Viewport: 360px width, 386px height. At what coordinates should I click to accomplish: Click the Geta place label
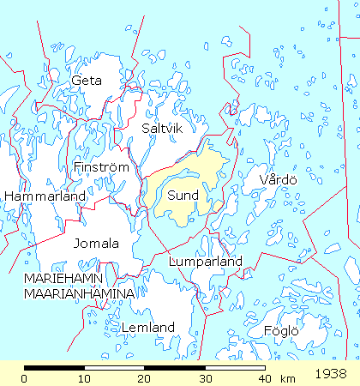pyautogui.click(x=87, y=81)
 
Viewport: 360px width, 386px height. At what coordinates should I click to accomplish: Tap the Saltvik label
pyautogui.click(x=160, y=128)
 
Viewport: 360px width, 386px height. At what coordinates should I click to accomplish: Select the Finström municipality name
pyautogui.click(x=101, y=166)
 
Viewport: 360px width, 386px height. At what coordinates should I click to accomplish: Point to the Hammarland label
pyautogui.click(x=45, y=196)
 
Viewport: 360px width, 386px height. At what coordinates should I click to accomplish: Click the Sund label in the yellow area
pyautogui.click(x=183, y=196)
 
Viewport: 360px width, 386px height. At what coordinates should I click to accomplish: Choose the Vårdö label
pyautogui.click(x=278, y=179)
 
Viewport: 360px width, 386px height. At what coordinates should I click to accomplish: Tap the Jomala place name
pyautogui.click(x=95, y=243)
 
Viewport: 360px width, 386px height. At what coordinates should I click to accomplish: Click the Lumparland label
pyautogui.click(x=206, y=261)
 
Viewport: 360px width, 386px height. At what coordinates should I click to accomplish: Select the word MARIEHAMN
pyautogui.click(x=63, y=280)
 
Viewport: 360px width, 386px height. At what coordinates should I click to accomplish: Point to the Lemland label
pyautogui.click(x=148, y=328)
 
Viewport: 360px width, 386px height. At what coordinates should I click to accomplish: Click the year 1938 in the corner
pyautogui.click(x=330, y=375)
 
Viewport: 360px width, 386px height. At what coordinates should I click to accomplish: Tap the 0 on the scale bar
pyautogui.click(x=25, y=378)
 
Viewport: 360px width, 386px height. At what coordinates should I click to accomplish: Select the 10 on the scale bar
pyautogui.click(x=84, y=378)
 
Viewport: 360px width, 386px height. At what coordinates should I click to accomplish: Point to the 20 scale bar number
pyautogui.click(x=144, y=378)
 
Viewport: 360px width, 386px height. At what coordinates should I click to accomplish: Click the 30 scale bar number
pyautogui.click(x=204, y=378)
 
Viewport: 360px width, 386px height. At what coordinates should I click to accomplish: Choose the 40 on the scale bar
pyautogui.click(x=264, y=378)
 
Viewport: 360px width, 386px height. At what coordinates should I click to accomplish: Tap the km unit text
pyautogui.click(x=287, y=378)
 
